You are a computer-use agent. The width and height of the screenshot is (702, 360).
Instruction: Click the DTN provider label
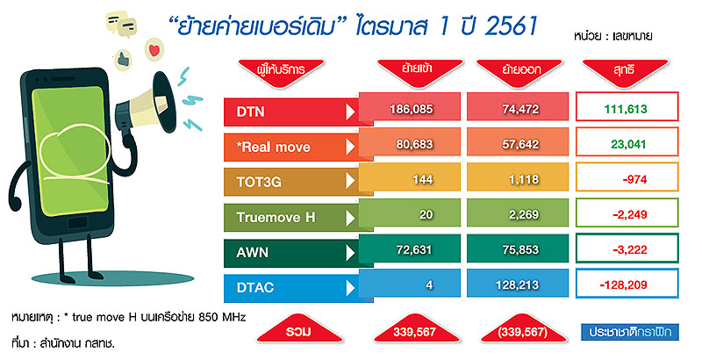[x=250, y=112]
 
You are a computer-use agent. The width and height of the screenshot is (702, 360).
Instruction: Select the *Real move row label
[x=273, y=147]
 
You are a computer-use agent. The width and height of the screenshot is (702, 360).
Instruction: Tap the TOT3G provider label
[x=259, y=182]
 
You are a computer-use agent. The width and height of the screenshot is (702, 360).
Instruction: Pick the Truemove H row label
[x=276, y=217]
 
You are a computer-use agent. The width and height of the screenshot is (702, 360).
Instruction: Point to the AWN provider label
[x=253, y=253]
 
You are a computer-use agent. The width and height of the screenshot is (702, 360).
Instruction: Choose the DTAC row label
[x=254, y=287]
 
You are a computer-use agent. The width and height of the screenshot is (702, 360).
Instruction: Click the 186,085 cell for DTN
[x=411, y=109]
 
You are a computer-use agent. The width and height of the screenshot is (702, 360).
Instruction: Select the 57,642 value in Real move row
[x=520, y=144]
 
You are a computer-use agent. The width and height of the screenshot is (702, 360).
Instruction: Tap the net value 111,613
[x=626, y=109]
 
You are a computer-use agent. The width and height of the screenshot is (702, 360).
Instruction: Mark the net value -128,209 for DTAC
[x=623, y=284]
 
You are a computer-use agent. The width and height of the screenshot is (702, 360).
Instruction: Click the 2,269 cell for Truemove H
[x=523, y=214]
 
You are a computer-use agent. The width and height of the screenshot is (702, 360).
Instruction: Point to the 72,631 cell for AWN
[x=413, y=250]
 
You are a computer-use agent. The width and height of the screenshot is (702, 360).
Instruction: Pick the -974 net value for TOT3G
[x=634, y=179]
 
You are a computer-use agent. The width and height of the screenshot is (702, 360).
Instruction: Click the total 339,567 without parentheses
[x=414, y=332]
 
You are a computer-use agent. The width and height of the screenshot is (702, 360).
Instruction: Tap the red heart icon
[x=154, y=49]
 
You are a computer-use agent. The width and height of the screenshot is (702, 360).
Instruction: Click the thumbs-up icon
[x=122, y=59]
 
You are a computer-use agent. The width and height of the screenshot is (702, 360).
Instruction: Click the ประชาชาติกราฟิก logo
[x=629, y=332]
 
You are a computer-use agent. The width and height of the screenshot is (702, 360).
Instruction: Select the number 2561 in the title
[x=511, y=26]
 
